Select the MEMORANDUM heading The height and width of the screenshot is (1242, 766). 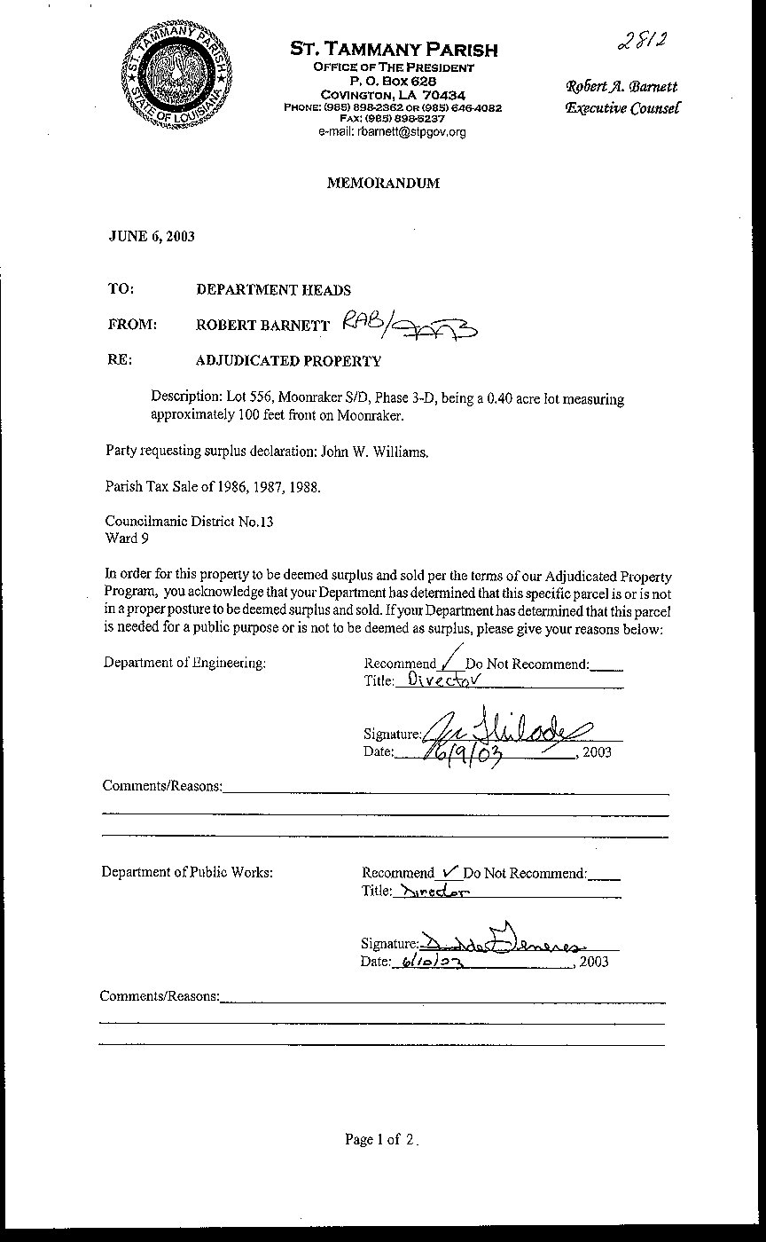pos(383,184)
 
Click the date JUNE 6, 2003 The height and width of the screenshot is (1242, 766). pos(152,236)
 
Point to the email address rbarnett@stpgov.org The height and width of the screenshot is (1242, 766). pos(393,131)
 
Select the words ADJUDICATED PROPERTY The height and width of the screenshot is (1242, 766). pos(288,361)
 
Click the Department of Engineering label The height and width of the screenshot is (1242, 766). pos(184,663)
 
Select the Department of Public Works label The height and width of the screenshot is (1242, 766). pos(187,872)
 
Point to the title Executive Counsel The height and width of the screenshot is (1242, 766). pos(622,108)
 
